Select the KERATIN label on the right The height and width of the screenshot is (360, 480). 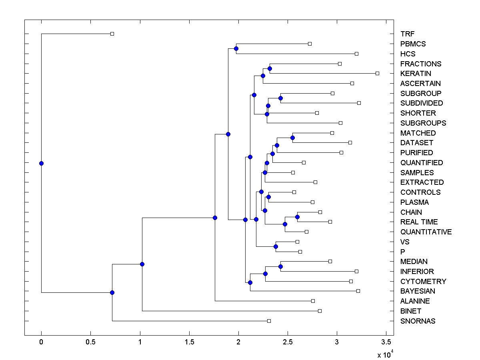coord(416,74)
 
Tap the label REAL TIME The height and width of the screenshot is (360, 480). coord(419,222)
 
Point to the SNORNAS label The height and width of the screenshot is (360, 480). coord(418,321)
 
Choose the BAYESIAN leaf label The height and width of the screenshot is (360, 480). coord(418,291)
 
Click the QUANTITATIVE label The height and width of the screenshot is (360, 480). coord(426,232)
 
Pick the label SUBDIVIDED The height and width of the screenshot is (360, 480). coord(421,103)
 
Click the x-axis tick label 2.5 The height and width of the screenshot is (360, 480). coord(288,343)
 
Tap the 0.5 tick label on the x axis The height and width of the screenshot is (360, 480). coord(90,343)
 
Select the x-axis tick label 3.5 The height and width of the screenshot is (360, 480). coord(386,343)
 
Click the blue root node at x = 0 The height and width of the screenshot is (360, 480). coord(41,163)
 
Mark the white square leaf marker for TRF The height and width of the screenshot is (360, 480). coord(112,34)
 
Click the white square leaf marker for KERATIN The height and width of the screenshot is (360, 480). coord(377,73)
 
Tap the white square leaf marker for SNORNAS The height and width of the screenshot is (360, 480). coord(269,321)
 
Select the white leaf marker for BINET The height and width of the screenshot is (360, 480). coord(320,311)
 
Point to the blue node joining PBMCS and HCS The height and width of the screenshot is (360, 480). coord(236,48)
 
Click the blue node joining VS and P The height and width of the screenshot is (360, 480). coord(276,246)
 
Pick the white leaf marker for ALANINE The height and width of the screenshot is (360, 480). coord(313,301)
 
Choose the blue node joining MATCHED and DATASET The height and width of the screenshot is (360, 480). coord(292,138)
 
